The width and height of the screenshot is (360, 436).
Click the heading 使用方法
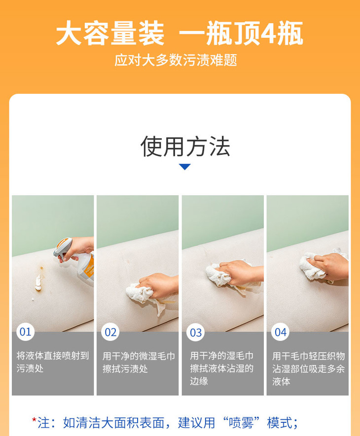[x=185, y=146]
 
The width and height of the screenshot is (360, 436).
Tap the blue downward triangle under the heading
[x=184, y=167]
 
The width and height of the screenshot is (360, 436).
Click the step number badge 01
[x=25, y=332]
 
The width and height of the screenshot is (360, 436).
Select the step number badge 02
[x=110, y=332]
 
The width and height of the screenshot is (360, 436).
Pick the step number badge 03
[x=195, y=333]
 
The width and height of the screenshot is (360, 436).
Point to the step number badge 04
[x=281, y=332]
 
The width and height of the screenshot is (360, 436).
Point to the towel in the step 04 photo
[x=313, y=267]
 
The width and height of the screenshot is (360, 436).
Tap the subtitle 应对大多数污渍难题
[x=176, y=60]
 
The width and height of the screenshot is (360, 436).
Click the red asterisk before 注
[x=34, y=420]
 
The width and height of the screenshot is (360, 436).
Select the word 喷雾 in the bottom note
[x=241, y=423]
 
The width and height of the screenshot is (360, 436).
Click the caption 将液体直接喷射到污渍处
[x=53, y=362]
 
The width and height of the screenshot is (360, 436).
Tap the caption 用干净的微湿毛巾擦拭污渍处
[x=139, y=363]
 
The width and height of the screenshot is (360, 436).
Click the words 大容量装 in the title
[x=110, y=34]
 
